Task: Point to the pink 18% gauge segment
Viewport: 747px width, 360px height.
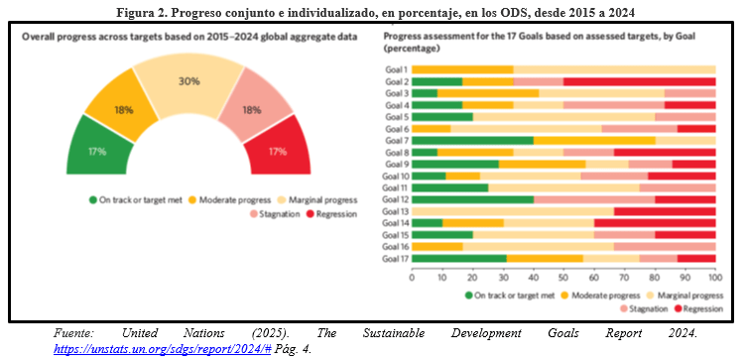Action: click(256, 106)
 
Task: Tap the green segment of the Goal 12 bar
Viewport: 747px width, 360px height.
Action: click(472, 199)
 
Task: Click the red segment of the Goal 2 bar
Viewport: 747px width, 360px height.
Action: click(639, 81)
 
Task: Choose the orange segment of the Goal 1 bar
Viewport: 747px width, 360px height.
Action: click(462, 69)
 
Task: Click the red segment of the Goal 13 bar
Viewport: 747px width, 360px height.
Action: click(665, 211)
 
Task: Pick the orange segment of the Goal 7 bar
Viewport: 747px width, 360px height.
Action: click(594, 141)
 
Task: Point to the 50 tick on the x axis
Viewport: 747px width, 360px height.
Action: click(563, 277)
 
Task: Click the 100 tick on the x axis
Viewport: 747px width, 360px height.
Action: click(715, 277)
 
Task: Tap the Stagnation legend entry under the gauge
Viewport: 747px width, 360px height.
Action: click(275, 214)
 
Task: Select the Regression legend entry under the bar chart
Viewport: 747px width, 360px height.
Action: click(698, 309)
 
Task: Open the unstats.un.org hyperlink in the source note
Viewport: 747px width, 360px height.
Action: click(163, 349)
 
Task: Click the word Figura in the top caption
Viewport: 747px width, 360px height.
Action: click(133, 13)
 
